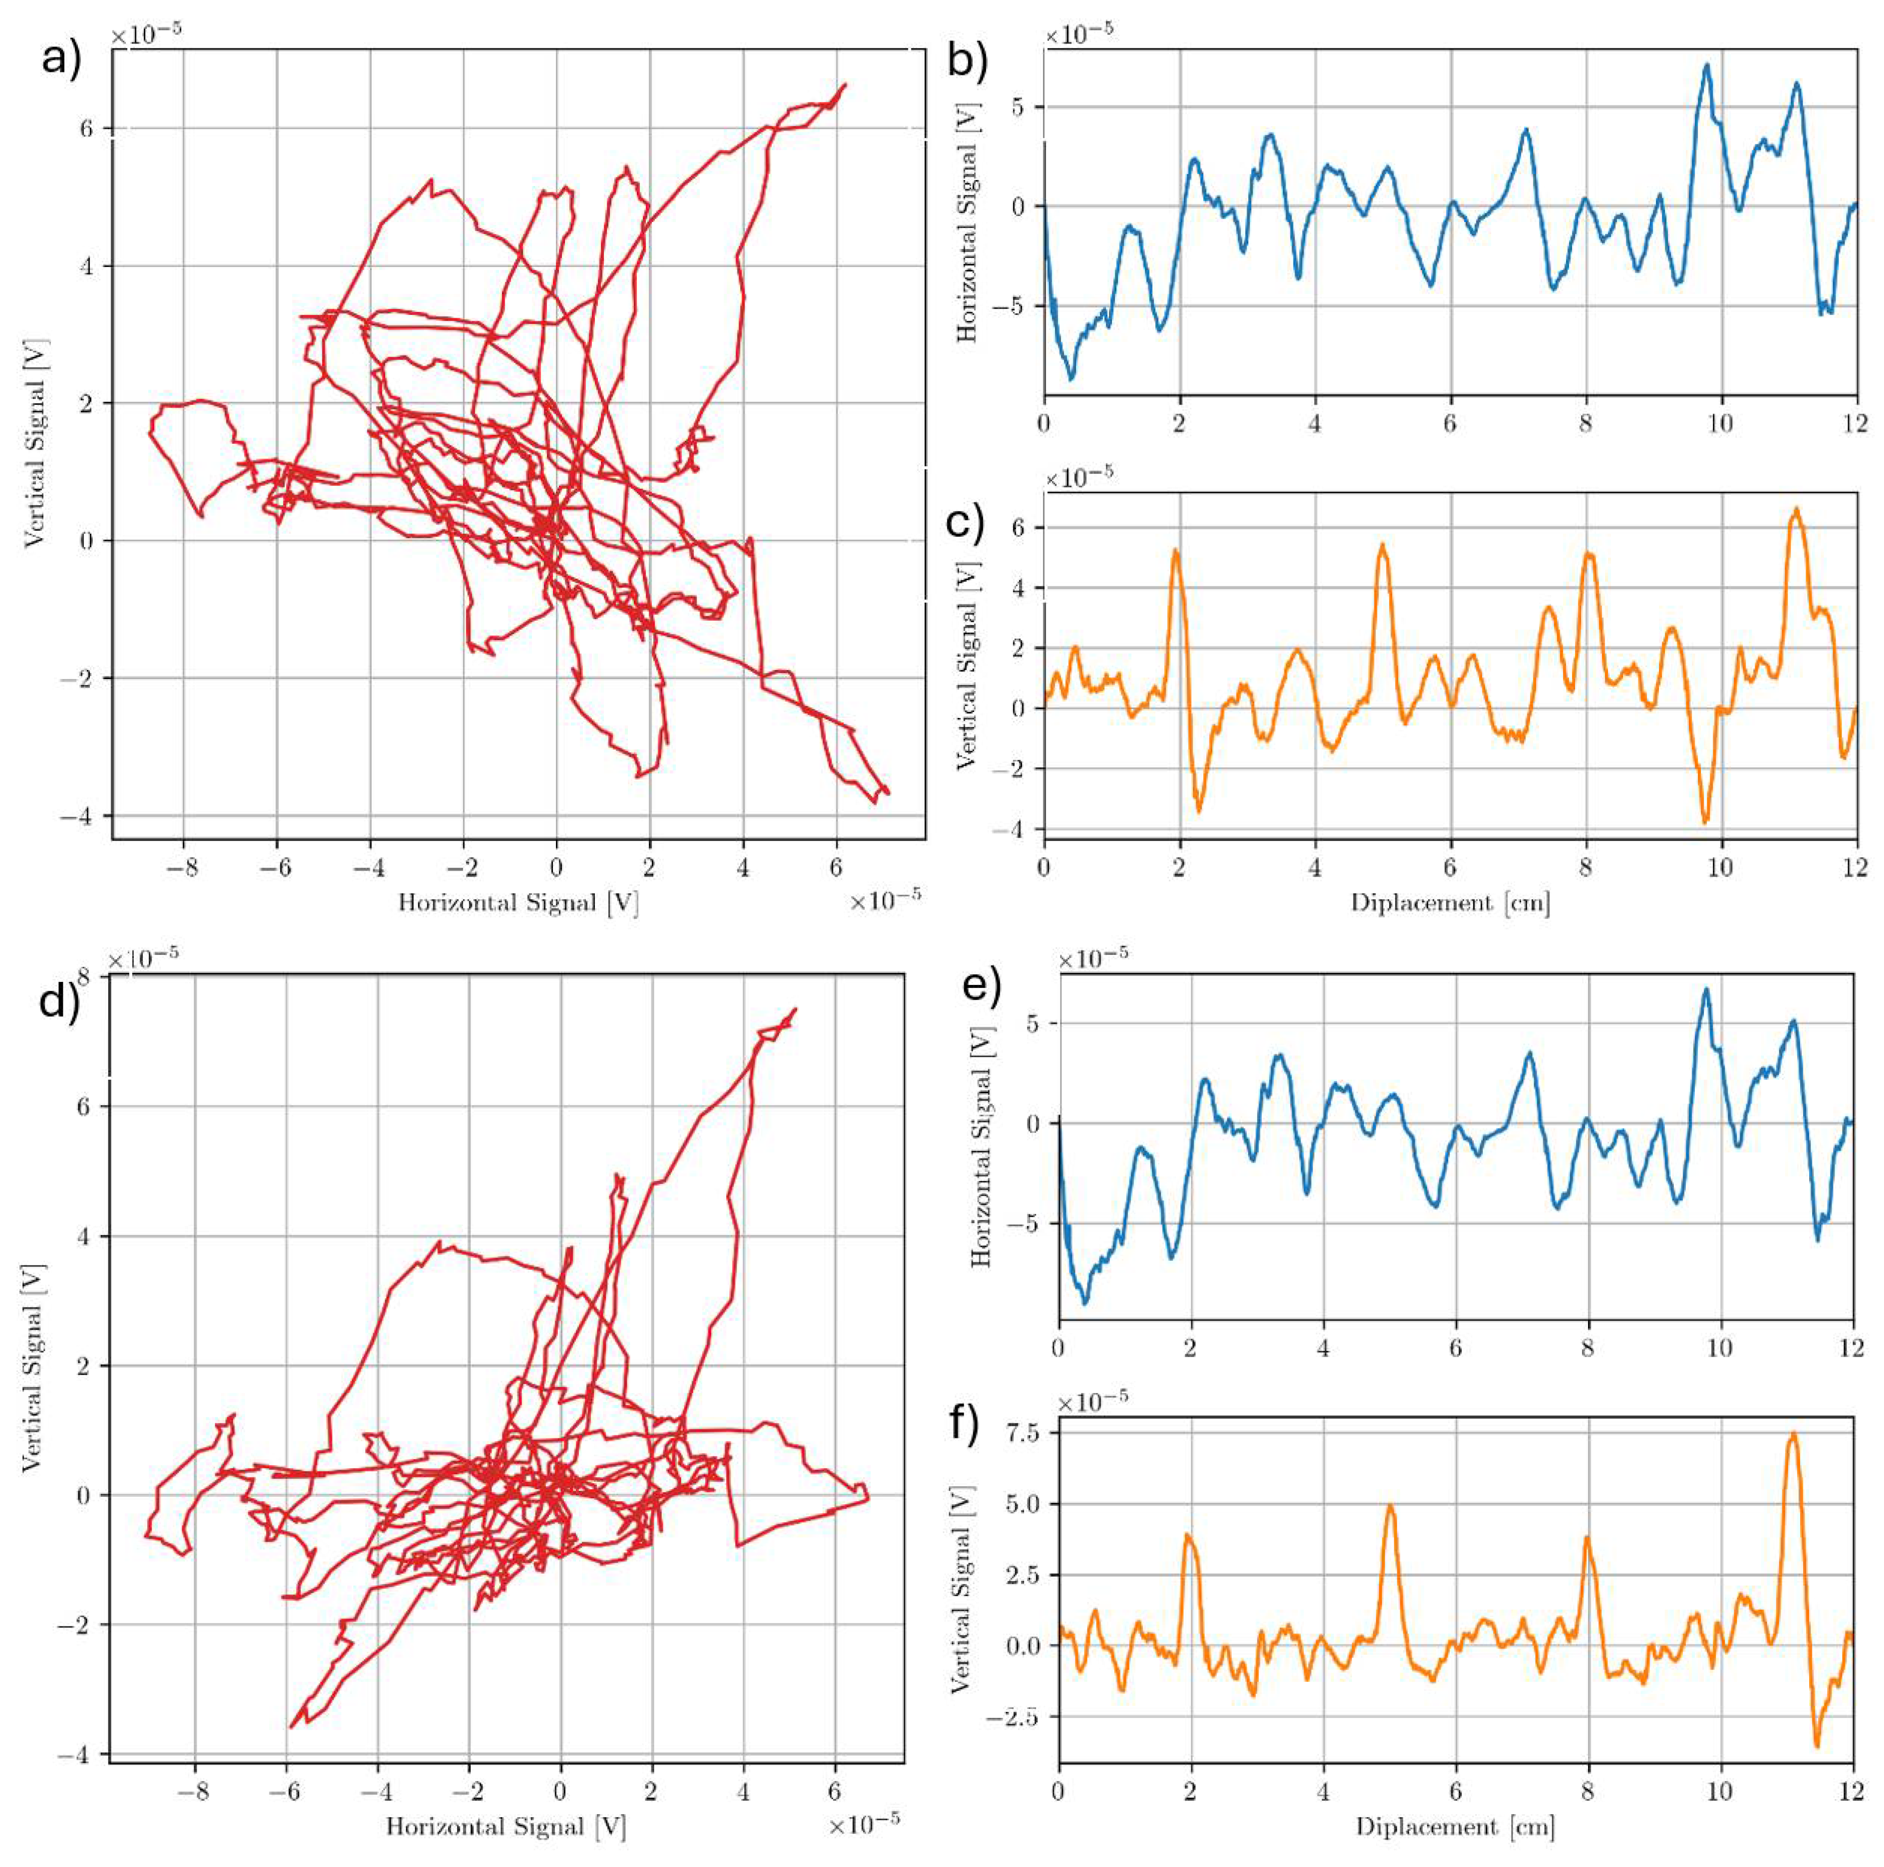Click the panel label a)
point(63,60)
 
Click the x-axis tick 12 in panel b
point(1855,424)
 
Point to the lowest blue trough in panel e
point(1085,1304)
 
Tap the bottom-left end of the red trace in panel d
point(290,1727)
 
